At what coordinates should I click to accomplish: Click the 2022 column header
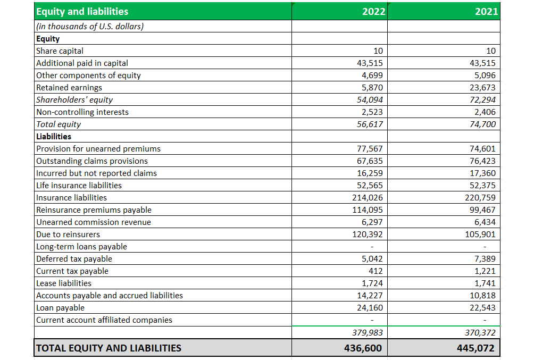[x=373, y=12]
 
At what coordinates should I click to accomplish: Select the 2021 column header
[x=486, y=12]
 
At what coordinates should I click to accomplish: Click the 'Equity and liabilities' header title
[x=82, y=12]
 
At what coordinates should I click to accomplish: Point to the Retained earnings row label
[x=69, y=88]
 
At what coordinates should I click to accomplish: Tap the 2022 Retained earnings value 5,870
[x=372, y=88]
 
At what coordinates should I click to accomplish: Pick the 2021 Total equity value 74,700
[x=482, y=124]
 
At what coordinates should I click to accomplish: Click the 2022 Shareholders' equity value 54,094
[x=370, y=100]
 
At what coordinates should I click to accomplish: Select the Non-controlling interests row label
[x=82, y=112]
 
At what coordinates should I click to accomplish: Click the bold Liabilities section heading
[x=54, y=137]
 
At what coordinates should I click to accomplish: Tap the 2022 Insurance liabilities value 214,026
[x=368, y=197]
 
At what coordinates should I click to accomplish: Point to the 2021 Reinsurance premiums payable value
[x=482, y=210]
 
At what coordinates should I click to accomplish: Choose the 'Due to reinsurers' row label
[x=68, y=235]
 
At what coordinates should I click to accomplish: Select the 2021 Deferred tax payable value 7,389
[x=485, y=259]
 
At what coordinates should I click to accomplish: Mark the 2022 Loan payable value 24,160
[x=370, y=308]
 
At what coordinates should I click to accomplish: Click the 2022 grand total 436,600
[x=363, y=348]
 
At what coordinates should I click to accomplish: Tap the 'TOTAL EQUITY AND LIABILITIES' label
[x=109, y=348]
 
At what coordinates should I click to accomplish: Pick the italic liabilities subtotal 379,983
[x=368, y=332]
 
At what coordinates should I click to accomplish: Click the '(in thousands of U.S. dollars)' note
[x=90, y=27]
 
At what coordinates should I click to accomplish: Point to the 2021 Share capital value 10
[x=491, y=51]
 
